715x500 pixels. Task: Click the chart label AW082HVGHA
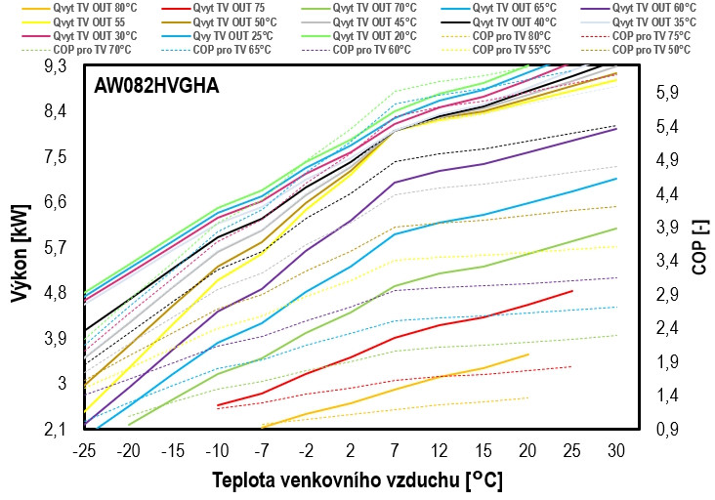(x=156, y=86)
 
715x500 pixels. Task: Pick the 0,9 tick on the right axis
(x=668, y=429)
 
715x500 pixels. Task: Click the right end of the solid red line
(x=572, y=291)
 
